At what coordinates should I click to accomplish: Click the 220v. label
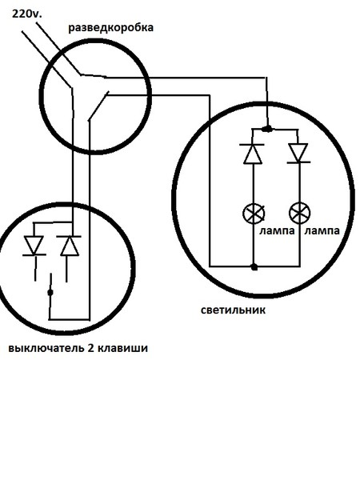click(x=26, y=14)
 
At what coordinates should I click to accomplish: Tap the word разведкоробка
click(x=110, y=28)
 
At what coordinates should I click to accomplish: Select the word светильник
click(x=233, y=310)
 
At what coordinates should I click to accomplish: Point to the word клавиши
click(x=123, y=348)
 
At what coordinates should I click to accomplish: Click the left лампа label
click(x=277, y=230)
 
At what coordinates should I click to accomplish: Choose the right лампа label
click(x=322, y=230)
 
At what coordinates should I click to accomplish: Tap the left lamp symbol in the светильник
click(x=254, y=214)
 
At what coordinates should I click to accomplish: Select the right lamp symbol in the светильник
click(x=300, y=214)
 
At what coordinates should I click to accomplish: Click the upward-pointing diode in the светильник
click(x=253, y=154)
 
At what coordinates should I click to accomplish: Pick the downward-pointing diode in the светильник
click(x=298, y=153)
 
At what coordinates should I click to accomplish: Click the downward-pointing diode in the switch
click(x=34, y=246)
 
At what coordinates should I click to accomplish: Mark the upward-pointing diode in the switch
click(x=69, y=246)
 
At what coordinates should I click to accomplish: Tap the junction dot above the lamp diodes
click(x=268, y=129)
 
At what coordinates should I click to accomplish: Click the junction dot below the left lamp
click(x=254, y=267)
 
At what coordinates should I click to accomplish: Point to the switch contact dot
click(x=50, y=293)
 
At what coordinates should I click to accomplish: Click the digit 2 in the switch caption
click(x=91, y=348)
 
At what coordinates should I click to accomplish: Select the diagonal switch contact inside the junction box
click(x=98, y=106)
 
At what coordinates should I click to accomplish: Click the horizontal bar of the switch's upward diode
click(x=69, y=236)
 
